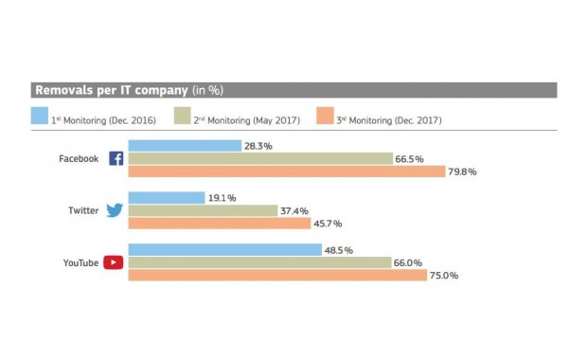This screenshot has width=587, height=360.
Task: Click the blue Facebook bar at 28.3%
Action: (185, 146)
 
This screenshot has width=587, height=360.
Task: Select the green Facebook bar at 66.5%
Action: (260, 158)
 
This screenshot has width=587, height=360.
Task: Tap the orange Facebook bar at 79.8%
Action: (287, 171)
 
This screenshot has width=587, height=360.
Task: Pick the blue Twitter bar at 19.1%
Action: (167, 198)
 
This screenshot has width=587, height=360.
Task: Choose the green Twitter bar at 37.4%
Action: (203, 210)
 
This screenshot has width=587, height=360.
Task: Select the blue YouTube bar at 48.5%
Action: (225, 250)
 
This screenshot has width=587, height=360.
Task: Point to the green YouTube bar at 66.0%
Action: (259, 262)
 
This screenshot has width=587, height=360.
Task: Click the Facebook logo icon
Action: (116, 158)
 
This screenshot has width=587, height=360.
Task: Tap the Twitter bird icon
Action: (115, 210)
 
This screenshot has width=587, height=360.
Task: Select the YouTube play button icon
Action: (115, 262)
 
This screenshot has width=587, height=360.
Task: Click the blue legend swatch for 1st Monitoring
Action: (40, 117)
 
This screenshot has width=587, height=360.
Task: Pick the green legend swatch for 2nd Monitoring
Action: (185, 117)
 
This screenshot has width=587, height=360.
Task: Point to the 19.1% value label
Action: (223, 198)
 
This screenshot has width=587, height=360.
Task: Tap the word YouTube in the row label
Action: (79, 263)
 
